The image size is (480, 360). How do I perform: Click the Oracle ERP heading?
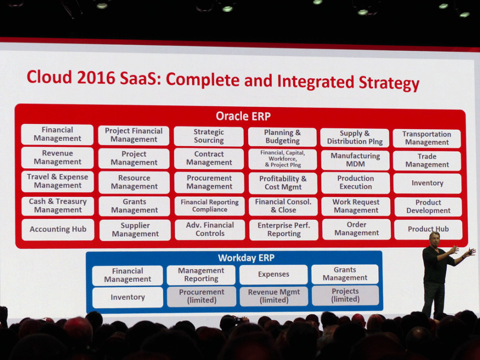pos(243,117)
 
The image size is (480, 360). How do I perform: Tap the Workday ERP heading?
pos(246,258)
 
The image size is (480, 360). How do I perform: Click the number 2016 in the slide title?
pos(96,78)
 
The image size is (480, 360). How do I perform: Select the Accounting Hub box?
pos(58,229)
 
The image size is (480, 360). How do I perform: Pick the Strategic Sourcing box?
pos(209,136)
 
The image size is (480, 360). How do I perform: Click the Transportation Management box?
pos(426,139)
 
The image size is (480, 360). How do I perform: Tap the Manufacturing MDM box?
pos(355,160)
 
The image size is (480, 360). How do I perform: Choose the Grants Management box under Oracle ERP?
pos(134,206)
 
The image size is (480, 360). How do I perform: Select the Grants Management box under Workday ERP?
pos(345,274)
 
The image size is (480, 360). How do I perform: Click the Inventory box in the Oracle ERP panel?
pos(428,183)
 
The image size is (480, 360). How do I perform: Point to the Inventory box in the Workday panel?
pos(127,297)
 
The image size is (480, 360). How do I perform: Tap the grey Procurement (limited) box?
pos(201,297)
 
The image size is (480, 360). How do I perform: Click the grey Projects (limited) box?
pos(345,295)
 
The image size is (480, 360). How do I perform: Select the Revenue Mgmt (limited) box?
pos(274,296)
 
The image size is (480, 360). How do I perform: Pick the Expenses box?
pos(274,274)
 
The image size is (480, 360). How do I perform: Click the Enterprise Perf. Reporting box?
pos(284,230)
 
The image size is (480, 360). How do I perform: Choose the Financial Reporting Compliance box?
pos(210,206)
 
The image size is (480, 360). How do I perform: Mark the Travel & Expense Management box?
pos(58,181)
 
